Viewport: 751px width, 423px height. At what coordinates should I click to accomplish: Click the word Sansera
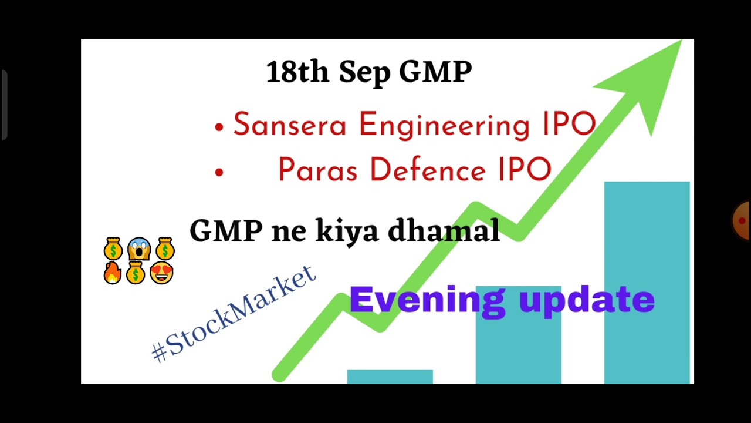(289, 125)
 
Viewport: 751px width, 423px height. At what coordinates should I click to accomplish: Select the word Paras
(317, 170)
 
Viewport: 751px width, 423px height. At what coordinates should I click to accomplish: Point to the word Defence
(428, 170)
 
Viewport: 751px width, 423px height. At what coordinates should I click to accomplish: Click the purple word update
(587, 300)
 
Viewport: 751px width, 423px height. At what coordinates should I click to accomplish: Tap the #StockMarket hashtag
(234, 314)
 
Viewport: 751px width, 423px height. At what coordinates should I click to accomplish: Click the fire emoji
(112, 273)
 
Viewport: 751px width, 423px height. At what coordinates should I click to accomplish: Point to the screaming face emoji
(138, 249)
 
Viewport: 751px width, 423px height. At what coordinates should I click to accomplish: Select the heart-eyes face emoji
(162, 273)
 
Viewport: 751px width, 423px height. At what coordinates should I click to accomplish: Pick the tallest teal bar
(647, 282)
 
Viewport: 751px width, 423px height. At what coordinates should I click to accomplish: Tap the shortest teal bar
(390, 377)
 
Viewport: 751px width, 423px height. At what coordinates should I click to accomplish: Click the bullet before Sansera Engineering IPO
(219, 127)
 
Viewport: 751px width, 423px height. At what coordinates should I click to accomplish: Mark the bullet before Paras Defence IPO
(219, 172)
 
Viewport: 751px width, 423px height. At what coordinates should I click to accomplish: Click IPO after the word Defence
(525, 170)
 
